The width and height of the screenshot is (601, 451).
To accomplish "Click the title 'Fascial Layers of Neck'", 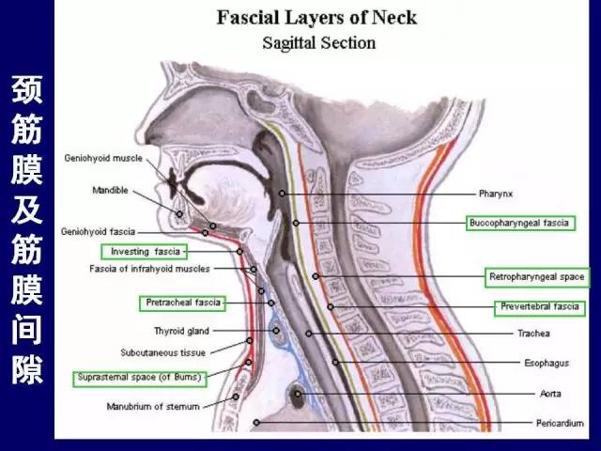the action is click(x=316, y=18).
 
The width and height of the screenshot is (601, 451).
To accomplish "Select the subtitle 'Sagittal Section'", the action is click(x=319, y=43).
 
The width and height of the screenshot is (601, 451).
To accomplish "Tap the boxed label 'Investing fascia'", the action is click(x=145, y=252).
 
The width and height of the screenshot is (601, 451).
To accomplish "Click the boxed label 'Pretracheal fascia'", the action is click(x=182, y=303).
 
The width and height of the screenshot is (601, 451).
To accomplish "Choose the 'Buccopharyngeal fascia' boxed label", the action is click(x=521, y=223).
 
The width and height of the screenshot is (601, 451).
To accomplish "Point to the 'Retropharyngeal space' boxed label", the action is click(x=537, y=277).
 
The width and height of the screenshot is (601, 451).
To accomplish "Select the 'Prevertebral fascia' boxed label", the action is click(x=540, y=307).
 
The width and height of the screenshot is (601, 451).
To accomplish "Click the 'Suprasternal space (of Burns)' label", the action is click(x=140, y=378).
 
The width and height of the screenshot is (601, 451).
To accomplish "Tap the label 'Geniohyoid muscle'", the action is click(x=103, y=158).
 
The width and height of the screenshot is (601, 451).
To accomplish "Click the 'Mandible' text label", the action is click(x=111, y=190).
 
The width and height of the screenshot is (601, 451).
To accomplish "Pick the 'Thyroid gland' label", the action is click(x=181, y=331).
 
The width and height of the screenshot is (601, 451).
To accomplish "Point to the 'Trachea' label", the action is click(x=533, y=334).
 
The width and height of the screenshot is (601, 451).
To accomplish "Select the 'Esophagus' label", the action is click(x=547, y=363).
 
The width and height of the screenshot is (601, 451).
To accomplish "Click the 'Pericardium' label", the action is click(x=560, y=423).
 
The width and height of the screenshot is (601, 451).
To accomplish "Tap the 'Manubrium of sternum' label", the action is click(x=153, y=407).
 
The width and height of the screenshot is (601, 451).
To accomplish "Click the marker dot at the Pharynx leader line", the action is click(x=282, y=194).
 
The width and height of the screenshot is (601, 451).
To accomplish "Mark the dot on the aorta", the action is click(x=298, y=394).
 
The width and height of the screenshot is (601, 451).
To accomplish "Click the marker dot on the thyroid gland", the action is click(x=276, y=331).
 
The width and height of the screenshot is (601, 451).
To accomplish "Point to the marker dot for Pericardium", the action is click(x=256, y=423).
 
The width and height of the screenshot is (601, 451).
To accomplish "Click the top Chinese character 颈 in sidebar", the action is click(x=27, y=90).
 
